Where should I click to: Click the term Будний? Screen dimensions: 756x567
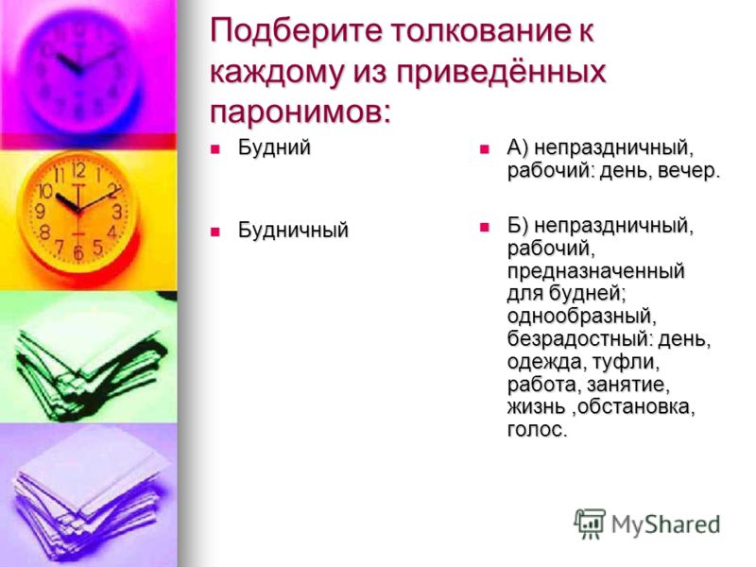tap(274, 147)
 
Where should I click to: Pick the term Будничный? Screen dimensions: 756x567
tap(293, 230)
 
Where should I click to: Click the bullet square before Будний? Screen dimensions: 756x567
tap(215, 149)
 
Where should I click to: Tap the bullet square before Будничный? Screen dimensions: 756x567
tap(215, 231)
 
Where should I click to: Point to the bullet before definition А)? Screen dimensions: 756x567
tap(484, 149)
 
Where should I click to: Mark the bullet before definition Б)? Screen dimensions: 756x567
tap(484, 227)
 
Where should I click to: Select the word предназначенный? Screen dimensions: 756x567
tap(596, 271)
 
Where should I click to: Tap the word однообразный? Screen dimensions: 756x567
tap(579, 318)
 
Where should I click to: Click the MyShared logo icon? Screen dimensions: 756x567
tap(590, 524)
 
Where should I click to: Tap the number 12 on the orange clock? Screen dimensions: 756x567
tap(78, 170)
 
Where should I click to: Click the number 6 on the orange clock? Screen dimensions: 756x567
tap(78, 252)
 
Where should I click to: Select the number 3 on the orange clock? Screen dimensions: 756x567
tap(117, 211)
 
